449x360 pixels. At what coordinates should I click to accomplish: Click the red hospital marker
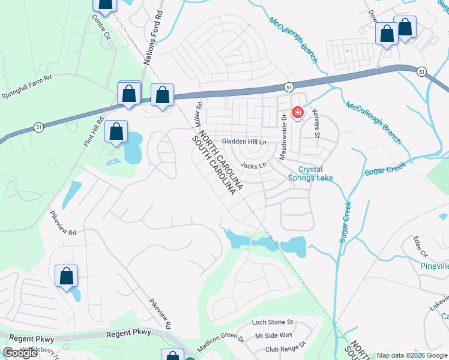tap(297, 112)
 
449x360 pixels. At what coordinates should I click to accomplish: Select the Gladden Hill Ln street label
tap(244, 141)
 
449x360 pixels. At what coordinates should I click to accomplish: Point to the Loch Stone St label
tap(272, 322)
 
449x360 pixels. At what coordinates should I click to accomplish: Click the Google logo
tap(20, 353)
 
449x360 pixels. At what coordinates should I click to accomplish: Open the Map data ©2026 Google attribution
tap(412, 355)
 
